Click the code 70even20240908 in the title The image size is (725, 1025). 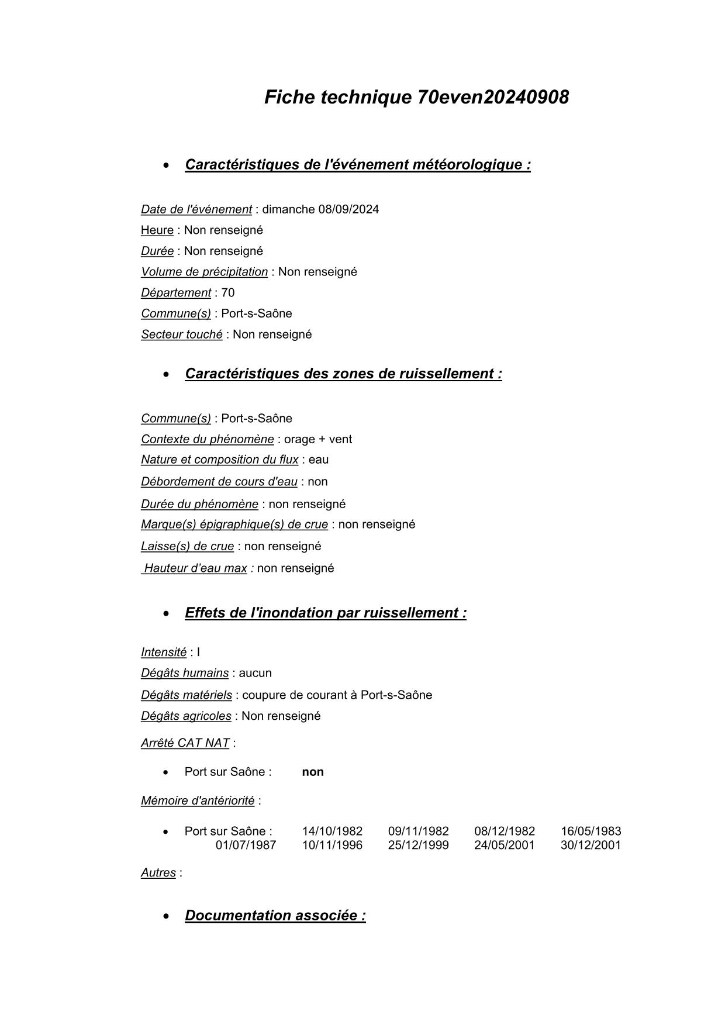click(x=493, y=97)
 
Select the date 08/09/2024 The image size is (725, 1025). click(x=348, y=209)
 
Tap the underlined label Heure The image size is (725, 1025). click(x=157, y=230)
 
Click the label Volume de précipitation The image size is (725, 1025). click(x=204, y=272)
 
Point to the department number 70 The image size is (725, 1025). click(x=228, y=293)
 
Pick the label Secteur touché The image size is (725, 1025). click(x=182, y=334)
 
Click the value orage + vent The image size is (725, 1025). click(x=318, y=439)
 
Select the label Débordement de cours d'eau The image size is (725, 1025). click(x=219, y=482)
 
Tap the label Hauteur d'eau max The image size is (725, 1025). click(x=195, y=568)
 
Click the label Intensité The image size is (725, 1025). click(x=164, y=653)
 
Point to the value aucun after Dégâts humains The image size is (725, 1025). click(x=256, y=673)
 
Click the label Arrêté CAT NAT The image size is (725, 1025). click(x=185, y=743)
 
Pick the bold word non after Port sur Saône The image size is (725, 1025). click(x=313, y=772)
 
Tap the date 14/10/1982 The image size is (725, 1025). click(x=332, y=831)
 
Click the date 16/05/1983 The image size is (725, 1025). click(x=591, y=831)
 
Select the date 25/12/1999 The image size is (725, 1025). click(x=419, y=845)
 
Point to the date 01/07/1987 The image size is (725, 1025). click(x=246, y=845)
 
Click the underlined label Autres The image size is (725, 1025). click(x=158, y=873)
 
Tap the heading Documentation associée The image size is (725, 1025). click(x=275, y=916)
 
